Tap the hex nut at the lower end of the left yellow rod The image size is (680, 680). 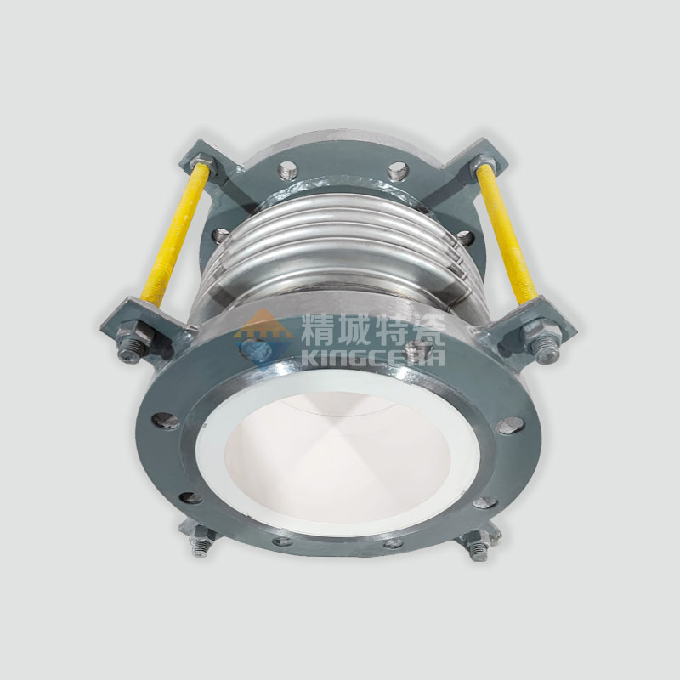(x=142, y=332)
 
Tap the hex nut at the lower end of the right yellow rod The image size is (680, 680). (x=535, y=330)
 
